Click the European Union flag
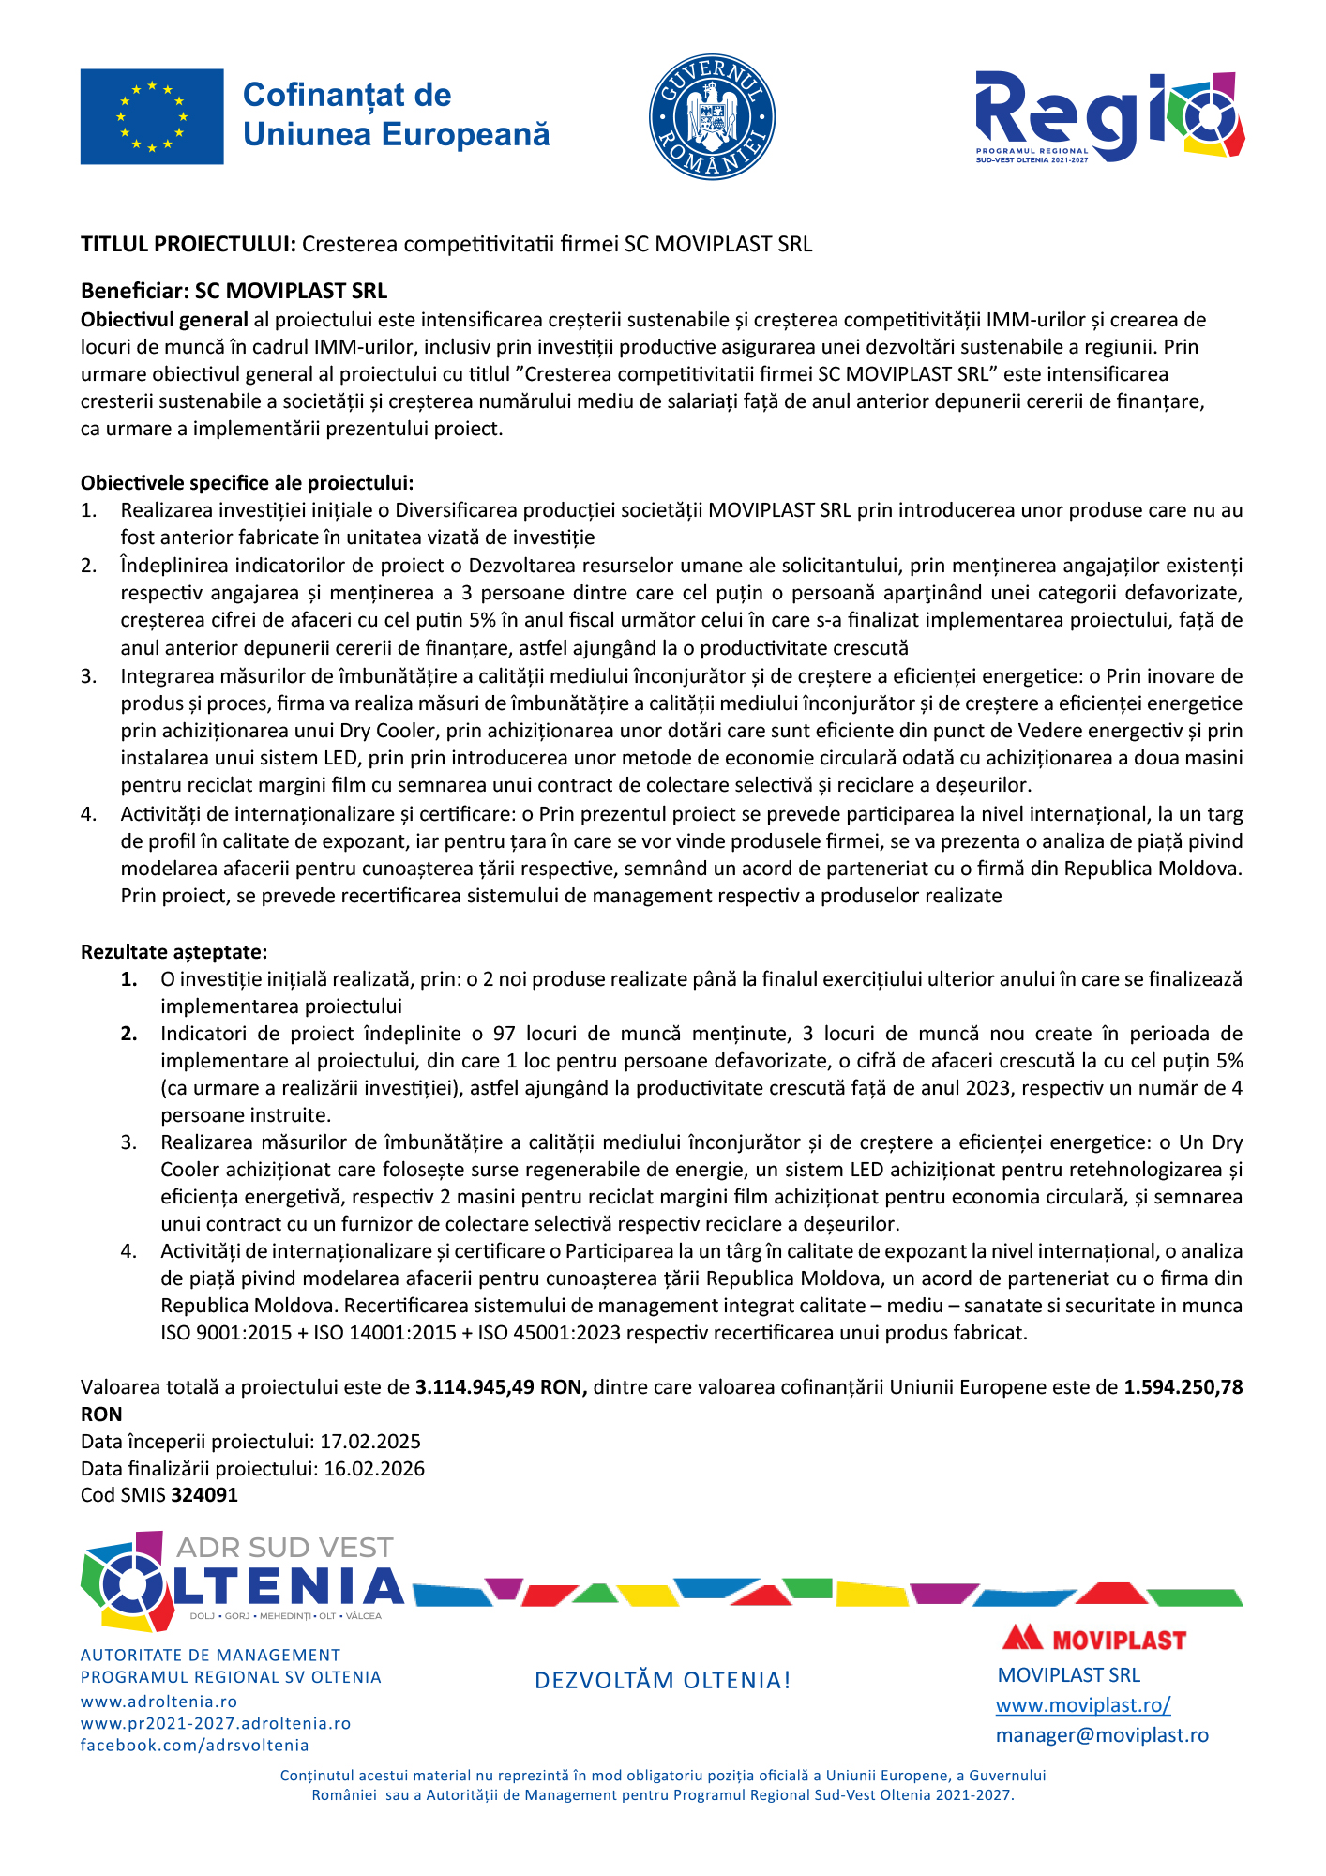tap(152, 116)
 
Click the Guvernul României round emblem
tap(712, 116)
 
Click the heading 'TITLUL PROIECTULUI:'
tap(188, 244)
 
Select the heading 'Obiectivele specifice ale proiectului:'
tap(247, 483)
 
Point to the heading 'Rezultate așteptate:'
tap(173, 952)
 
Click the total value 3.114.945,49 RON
tap(501, 1387)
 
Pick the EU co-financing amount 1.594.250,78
tap(1183, 1387)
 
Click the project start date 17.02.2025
tap(370, 1442)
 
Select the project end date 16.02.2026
tap(374, 1469)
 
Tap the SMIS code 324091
tap(204, 1495)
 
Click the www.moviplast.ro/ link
tap(1083, 1705)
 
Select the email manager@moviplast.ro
tap(1102, 1735)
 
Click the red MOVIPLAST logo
tap(1093, 1640)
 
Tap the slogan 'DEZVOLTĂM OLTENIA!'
tap(663, 1680)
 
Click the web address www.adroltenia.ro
tap(158, 1702)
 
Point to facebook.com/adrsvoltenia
tap(194, 1746)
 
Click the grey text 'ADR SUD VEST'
tap(284, 1548)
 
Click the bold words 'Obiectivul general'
tap(164, 320)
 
